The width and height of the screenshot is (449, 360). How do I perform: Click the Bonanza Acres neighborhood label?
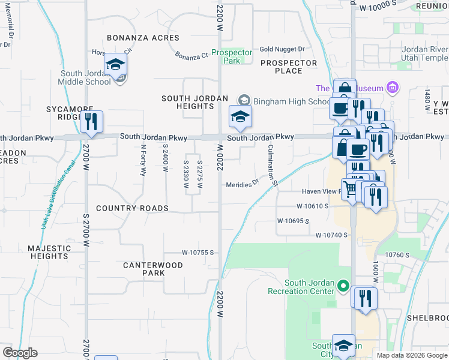(143, 38)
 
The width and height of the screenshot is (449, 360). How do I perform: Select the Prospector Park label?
(231, 56)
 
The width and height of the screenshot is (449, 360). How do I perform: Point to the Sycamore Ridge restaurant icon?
(91, 121)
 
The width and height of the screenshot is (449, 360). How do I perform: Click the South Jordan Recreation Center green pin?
(343, 285)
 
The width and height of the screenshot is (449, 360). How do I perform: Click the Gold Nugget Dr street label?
(282, 49)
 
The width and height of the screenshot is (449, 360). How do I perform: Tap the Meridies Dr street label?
(242, 185)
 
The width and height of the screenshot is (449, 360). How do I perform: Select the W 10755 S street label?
(199, 253)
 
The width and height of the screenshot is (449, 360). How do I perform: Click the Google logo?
(20, 353)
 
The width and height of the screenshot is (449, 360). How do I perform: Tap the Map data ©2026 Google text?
(411, 355)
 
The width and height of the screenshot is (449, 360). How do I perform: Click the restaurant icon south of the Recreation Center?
(364, 298)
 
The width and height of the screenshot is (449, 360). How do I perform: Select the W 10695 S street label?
(293, 221)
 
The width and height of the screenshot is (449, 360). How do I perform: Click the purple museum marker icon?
(393, 88)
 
